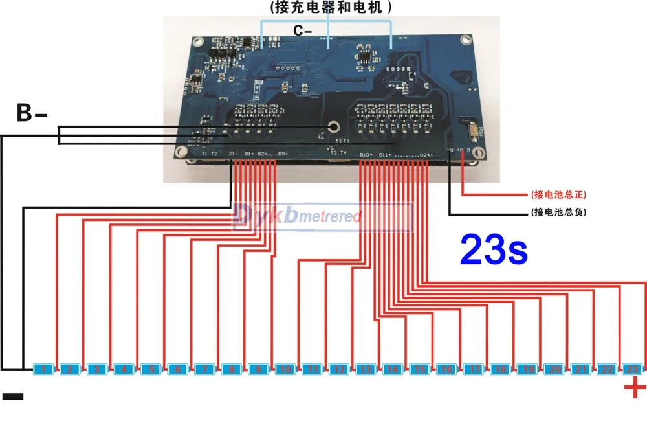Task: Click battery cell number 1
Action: point(42,370)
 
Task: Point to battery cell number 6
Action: point(177,370)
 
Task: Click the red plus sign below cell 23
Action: point(634,389)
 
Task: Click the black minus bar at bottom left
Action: point(12,396)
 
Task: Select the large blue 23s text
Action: point(493,250)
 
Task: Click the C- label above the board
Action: point(300,30)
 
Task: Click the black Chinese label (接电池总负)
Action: point(558,212)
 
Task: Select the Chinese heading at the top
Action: point(327,7)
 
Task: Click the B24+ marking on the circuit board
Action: point(425,155)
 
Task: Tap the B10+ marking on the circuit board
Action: point(366,155)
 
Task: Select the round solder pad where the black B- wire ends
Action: point(334,127)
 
